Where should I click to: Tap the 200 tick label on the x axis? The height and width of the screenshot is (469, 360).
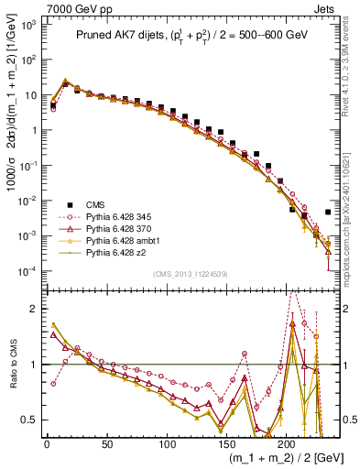tap(287, 442)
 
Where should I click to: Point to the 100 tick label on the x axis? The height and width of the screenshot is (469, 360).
tap(167, 442)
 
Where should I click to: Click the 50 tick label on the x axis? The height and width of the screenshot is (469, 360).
tap(107, 442)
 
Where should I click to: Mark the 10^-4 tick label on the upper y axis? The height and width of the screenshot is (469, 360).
tap(27, 272)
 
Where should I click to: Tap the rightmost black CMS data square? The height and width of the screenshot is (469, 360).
tap(328, 212)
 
